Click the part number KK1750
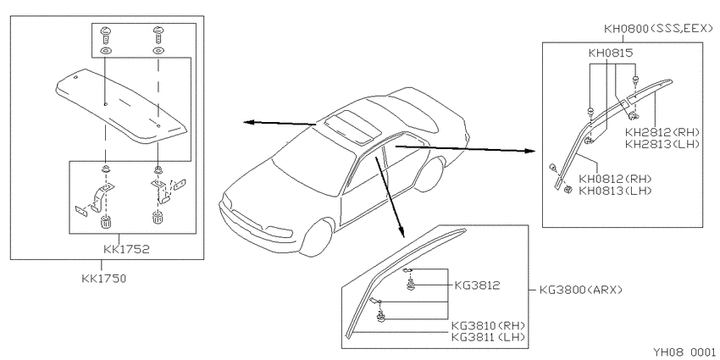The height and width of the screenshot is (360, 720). coord(104,279)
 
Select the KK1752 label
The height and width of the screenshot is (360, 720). coord(126,249)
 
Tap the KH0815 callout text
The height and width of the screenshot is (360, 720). coord(611,53)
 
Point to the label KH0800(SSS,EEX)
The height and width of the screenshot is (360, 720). coord(658,29)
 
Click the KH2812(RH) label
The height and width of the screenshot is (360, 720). coord(662,132)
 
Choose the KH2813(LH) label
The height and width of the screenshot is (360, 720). coord(662,144)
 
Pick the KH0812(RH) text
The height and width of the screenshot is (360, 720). coord(615,179)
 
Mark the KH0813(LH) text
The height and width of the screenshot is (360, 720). coord(615,190)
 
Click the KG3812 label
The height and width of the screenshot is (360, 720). coord(477,285)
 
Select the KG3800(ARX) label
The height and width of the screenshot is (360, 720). coord(581,290)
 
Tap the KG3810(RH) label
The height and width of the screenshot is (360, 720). coord(489,325)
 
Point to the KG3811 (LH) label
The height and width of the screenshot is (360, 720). coord(489,337)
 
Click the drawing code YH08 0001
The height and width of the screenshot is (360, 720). coord(685,352)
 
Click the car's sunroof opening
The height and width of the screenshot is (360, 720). coord(352,124)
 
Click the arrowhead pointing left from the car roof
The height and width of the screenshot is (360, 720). coord(249,122)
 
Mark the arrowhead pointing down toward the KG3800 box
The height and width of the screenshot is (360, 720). coord(402,232)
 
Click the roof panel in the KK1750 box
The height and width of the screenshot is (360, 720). coord(121,104)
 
